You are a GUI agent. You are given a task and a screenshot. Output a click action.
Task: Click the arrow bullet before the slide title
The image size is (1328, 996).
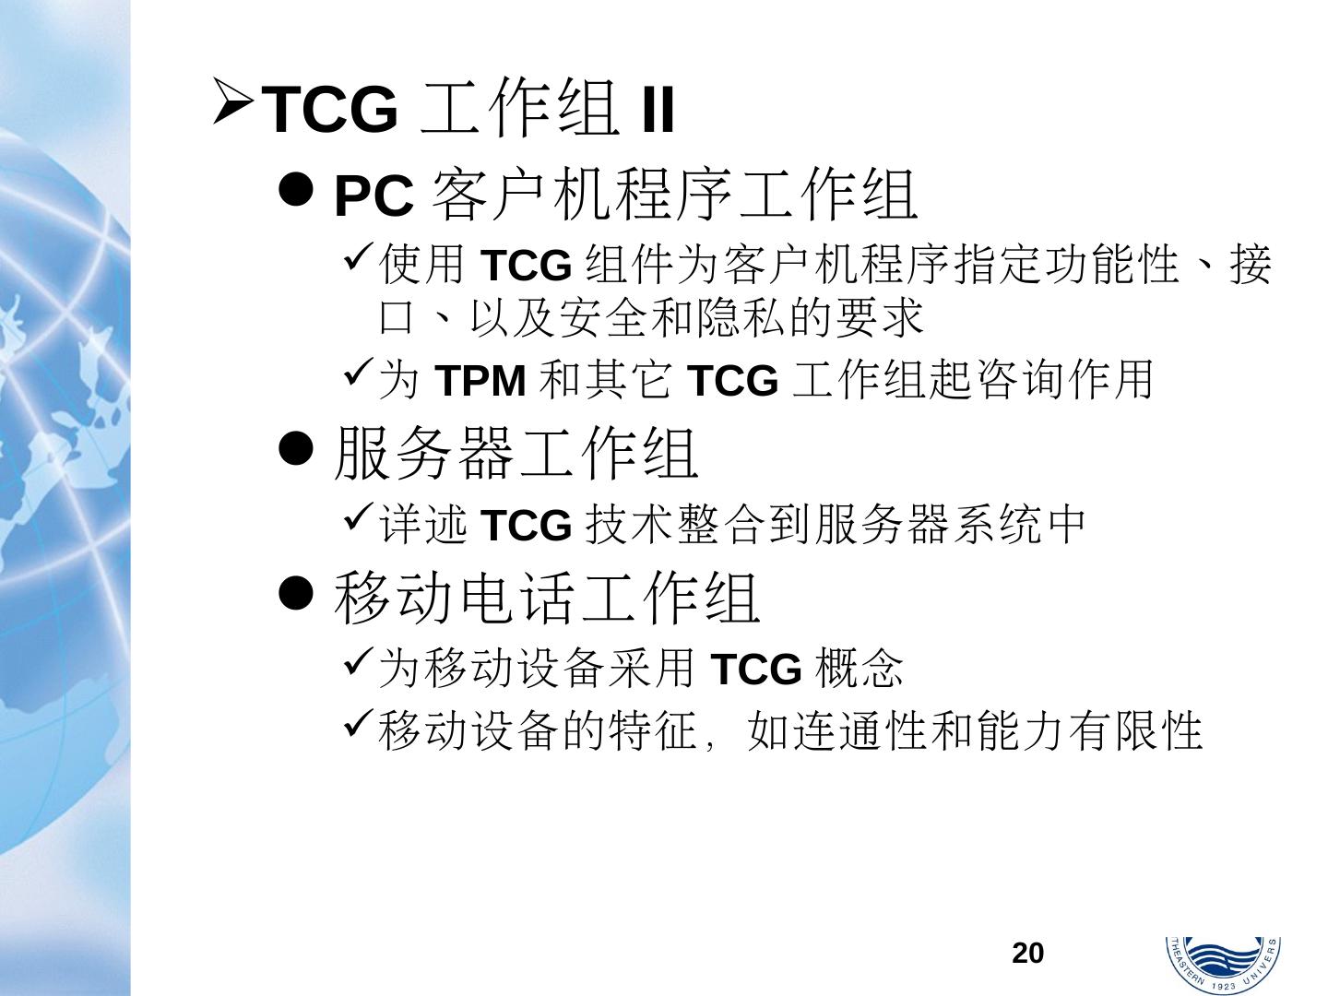(232, 103)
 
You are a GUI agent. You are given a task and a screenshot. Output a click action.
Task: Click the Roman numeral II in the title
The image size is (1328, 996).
(658, 111)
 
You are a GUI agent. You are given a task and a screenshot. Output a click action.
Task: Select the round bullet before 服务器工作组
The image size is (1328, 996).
(296, 450)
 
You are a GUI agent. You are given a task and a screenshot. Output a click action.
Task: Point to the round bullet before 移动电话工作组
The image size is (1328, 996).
(296, 595)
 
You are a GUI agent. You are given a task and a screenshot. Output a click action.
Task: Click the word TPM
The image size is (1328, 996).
(480, 380)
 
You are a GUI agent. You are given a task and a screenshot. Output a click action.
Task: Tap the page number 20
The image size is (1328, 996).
(1027, 953)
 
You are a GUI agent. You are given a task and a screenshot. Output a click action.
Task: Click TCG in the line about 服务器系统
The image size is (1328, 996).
(527, 526)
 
